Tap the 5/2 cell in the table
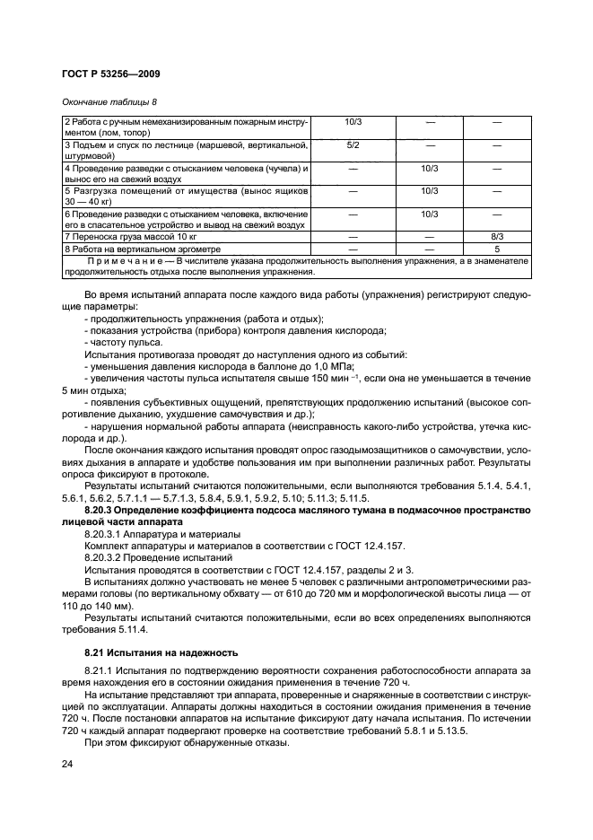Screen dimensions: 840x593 (x=353, y=144)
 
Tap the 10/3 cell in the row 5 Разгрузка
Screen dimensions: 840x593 (x=428, y=191)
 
